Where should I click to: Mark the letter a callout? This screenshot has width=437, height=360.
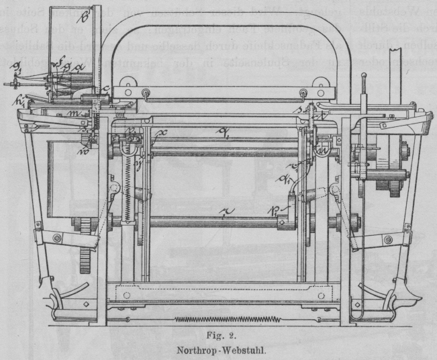click(x=80, y=66)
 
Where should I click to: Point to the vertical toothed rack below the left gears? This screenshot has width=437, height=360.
click(x=85, y=259)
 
